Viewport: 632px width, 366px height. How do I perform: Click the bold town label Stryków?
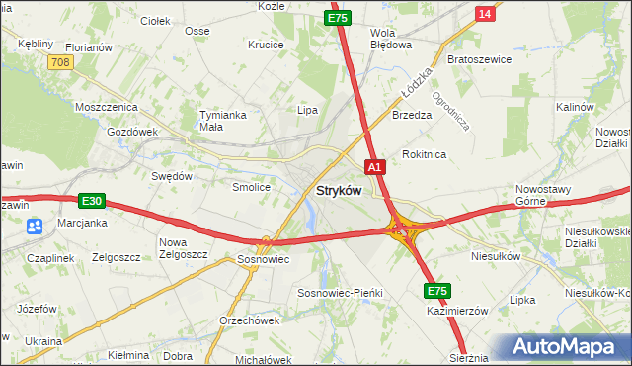point(338,190)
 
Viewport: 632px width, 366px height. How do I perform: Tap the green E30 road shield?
point(92,201)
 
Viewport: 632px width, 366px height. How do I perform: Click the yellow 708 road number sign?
point(60,62)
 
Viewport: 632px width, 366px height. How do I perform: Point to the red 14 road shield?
point(484,13)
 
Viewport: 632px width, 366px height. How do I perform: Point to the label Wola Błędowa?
point(389,39)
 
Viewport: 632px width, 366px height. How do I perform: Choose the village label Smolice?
point(251,186)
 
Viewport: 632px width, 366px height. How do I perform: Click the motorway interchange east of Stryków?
point(403,230)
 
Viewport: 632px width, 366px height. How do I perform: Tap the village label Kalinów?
point(574,107)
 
